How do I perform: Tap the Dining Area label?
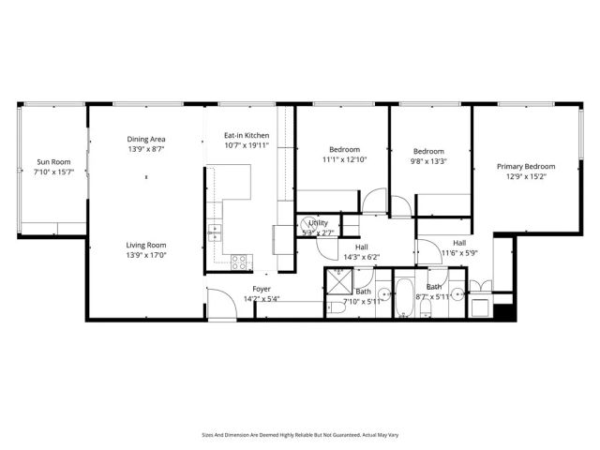pos(146,140)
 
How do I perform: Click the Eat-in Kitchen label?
pos(247,135)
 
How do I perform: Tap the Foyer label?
pos(262,289)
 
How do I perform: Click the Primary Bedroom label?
pos(526,166)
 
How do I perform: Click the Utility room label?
pos(318,223)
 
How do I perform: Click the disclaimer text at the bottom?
pos(299,434)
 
